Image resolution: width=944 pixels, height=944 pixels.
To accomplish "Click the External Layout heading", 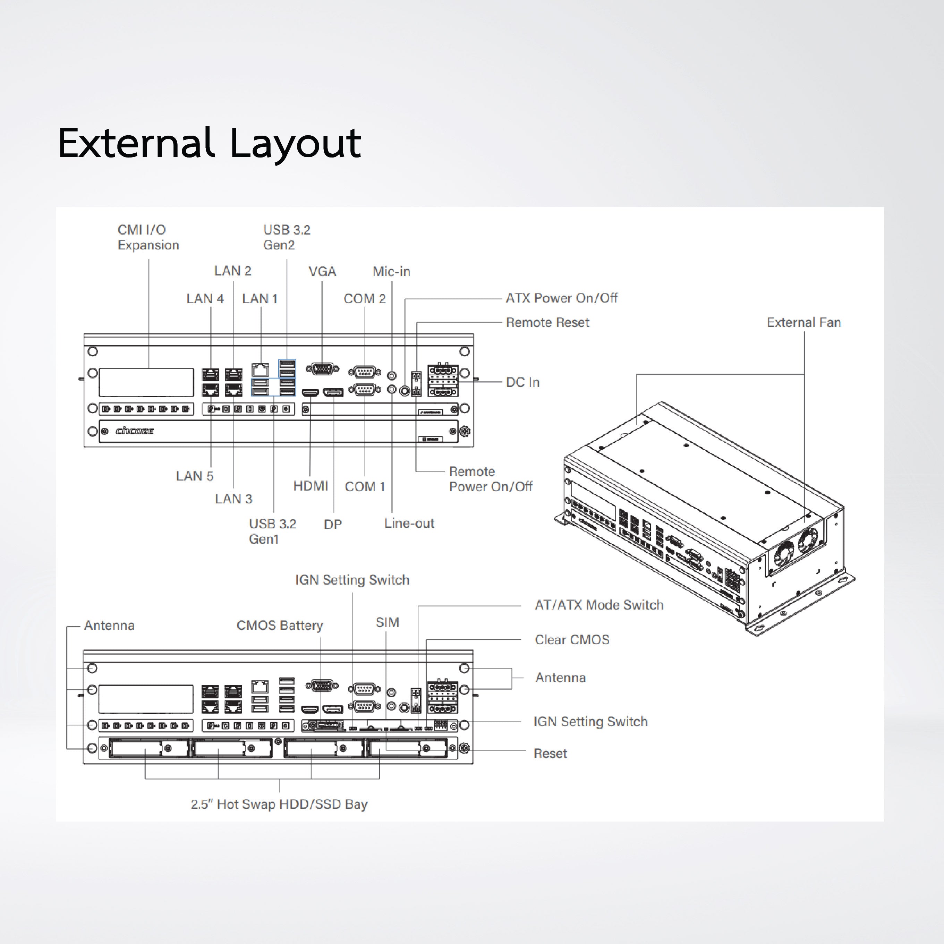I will pyautogui.click(x=209, y=144).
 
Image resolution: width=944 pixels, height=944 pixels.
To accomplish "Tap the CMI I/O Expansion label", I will pyautogui.click(x=148, y=237).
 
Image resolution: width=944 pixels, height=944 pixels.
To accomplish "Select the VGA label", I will pyautogui.click(x=322, y=272).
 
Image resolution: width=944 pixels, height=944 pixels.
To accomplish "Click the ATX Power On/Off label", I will pyautogui.click(x=561, y=298).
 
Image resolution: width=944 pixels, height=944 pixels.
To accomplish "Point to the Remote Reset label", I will pyautogui.click(x=547, y=323).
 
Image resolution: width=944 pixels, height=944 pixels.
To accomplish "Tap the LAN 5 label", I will pyautogui.click(x=195, y=476).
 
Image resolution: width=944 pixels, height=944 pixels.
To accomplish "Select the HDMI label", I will pyautogui.click(x=310, y=486).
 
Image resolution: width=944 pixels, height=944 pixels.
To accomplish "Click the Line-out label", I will pyautogui.click(x=409, y=523).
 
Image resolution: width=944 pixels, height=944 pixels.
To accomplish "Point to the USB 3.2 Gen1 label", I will pyautogui.click(x=272, y=531).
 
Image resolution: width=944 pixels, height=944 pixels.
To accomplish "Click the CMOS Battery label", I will pyautogui.click(x=280, y=626).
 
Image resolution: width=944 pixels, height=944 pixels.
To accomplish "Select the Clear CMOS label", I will pyautogui.click(x=572, y=640).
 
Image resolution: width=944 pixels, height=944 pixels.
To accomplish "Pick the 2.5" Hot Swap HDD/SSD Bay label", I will pyautogui.click(x=279, y=804).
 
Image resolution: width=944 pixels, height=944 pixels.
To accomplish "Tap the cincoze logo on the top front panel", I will pyautogui.click(x=135, y=431).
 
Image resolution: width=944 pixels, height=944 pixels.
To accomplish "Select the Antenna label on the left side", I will pyautogui.click(x=109, y=626).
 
